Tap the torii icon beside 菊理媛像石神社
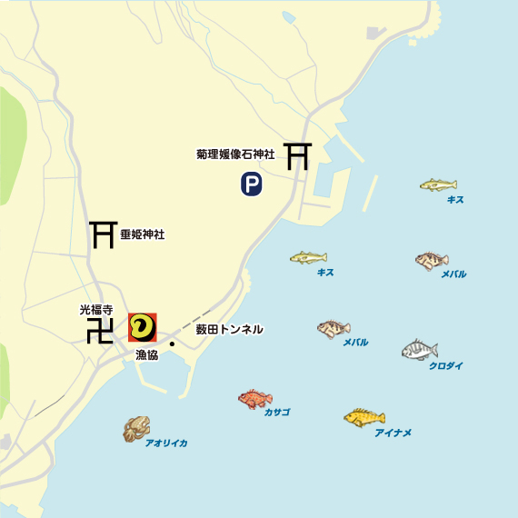[297, 156]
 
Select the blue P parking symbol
[251, 185]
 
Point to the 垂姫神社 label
[142, 234]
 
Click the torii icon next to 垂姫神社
[101, 234]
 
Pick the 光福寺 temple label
[95, 309]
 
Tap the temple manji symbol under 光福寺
[99, 331]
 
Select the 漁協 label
[146, 354]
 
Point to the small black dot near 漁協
[171, 344]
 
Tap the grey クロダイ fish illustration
[420, 350]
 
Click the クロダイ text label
[445, 365]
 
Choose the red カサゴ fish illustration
[254, 398]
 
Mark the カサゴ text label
[276, 413]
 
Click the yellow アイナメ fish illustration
[364, 417]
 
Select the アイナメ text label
[393, 433]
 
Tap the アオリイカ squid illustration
[136, 428]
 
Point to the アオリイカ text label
[166, 443]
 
